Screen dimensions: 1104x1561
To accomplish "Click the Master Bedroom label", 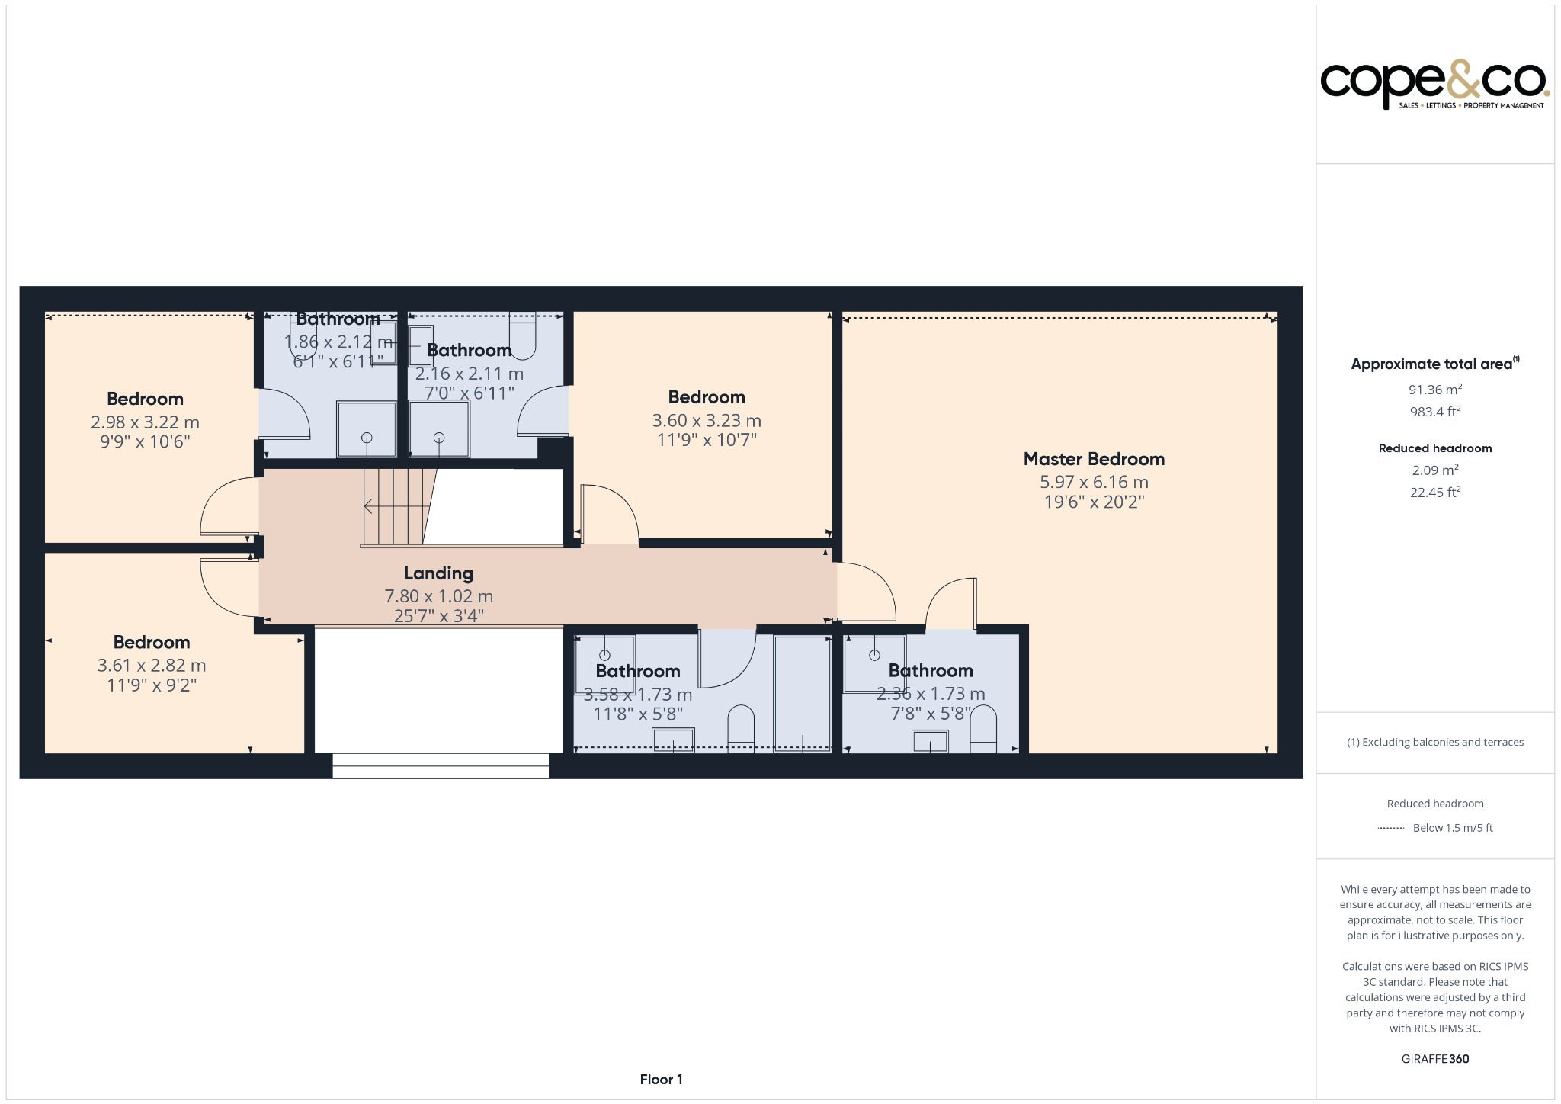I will click(1094, 459).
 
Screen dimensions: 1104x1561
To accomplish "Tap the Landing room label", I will click(438, 573).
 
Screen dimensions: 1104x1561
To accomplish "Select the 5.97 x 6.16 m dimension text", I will click(1094, 482).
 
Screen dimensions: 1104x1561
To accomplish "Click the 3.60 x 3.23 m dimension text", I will click(707, 421).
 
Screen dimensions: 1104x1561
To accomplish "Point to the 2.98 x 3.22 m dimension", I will click(145, 422).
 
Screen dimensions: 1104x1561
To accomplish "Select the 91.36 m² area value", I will click(1434, 390).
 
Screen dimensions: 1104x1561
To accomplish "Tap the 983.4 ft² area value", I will click(1434, 412).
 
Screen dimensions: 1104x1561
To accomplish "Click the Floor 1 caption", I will click(661, 1079).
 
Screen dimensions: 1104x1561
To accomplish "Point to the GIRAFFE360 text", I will click(1434, 1058).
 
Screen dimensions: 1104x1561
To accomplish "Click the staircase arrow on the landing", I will click(369, 505).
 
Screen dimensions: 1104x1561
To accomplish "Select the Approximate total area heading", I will click(1433, 364).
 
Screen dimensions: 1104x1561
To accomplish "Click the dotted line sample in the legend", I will click(1390, 828).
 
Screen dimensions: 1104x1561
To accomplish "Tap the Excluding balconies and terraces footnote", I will click(1434, 742).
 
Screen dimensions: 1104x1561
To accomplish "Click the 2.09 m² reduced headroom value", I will click(1434, 470).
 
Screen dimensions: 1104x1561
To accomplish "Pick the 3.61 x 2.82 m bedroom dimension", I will click(152, 666).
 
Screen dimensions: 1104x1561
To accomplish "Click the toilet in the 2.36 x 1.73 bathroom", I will click(983, 730).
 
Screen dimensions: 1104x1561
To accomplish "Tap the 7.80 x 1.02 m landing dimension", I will click(438, 596).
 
